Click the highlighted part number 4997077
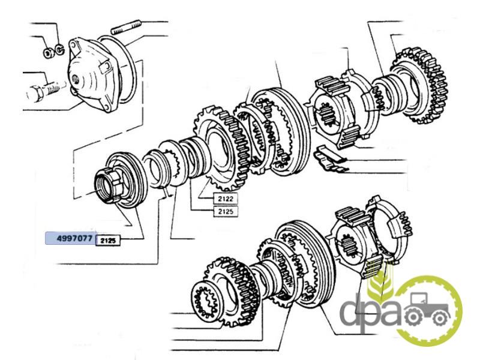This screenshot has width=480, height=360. point(74,238)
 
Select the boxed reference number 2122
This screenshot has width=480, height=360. point(226,199)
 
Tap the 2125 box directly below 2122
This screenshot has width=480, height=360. point(226,211)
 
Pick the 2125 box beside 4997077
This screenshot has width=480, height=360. point(109,241)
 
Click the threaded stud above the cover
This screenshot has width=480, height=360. point(126,27)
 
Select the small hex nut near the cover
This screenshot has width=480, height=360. point(48,53)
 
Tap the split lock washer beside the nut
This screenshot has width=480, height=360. point(59,49)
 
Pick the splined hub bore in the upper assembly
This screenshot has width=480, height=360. point(328,114)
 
